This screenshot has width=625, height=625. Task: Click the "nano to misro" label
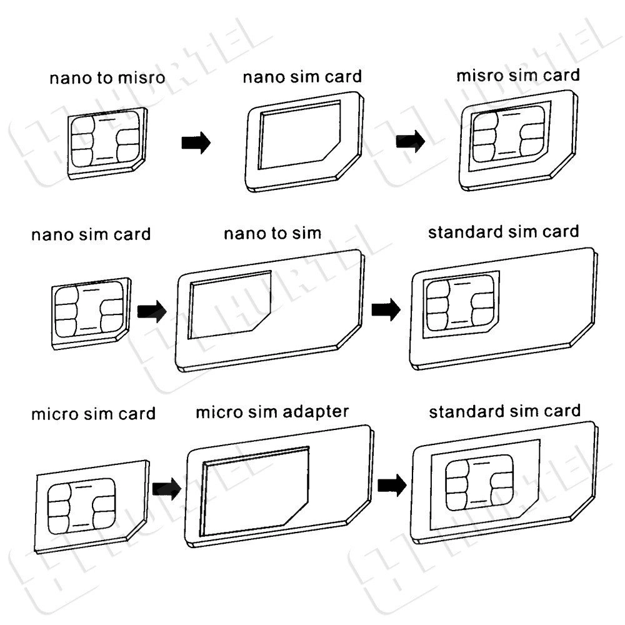[107, 77]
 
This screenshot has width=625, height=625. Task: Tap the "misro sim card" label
[517, 76]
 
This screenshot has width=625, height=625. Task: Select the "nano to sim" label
[272, 233]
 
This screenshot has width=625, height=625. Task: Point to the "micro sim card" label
[93, 414]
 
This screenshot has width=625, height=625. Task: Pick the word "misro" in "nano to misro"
[142, 77]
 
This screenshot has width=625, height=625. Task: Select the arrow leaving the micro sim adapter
[392, 485]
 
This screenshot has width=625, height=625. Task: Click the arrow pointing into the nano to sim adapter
[152, 311]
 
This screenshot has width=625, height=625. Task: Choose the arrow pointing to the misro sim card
[411, 141]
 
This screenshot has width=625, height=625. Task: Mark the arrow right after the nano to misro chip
[196, 142]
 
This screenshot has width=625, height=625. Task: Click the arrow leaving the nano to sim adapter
[386, 309]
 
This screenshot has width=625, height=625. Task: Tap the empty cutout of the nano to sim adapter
[230, 305]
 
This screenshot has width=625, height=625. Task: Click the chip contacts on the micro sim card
[82, 506]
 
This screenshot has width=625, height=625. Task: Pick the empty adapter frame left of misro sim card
[304, 141]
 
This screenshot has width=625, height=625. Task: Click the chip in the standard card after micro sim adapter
[479, 482]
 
